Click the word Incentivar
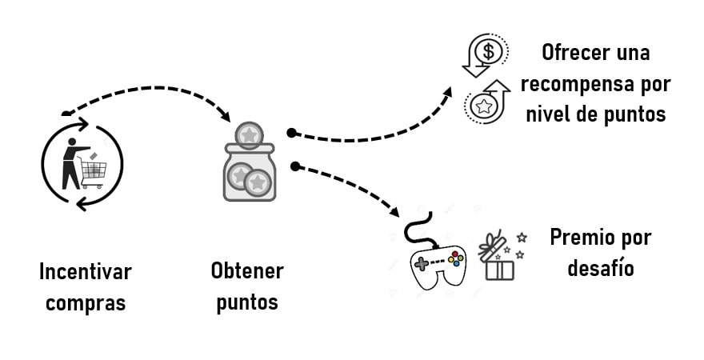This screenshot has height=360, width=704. (x=85, y=271)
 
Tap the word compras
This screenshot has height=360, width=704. (x=85, y=303)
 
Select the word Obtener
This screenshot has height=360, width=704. (x=246, y=270)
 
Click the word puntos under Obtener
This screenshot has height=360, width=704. (x=246, y=303)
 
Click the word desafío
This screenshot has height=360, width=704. (x=601, y=268)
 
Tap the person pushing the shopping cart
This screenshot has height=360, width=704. (x=72, y=163)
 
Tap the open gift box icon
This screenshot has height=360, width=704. (x=499, y=258)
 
